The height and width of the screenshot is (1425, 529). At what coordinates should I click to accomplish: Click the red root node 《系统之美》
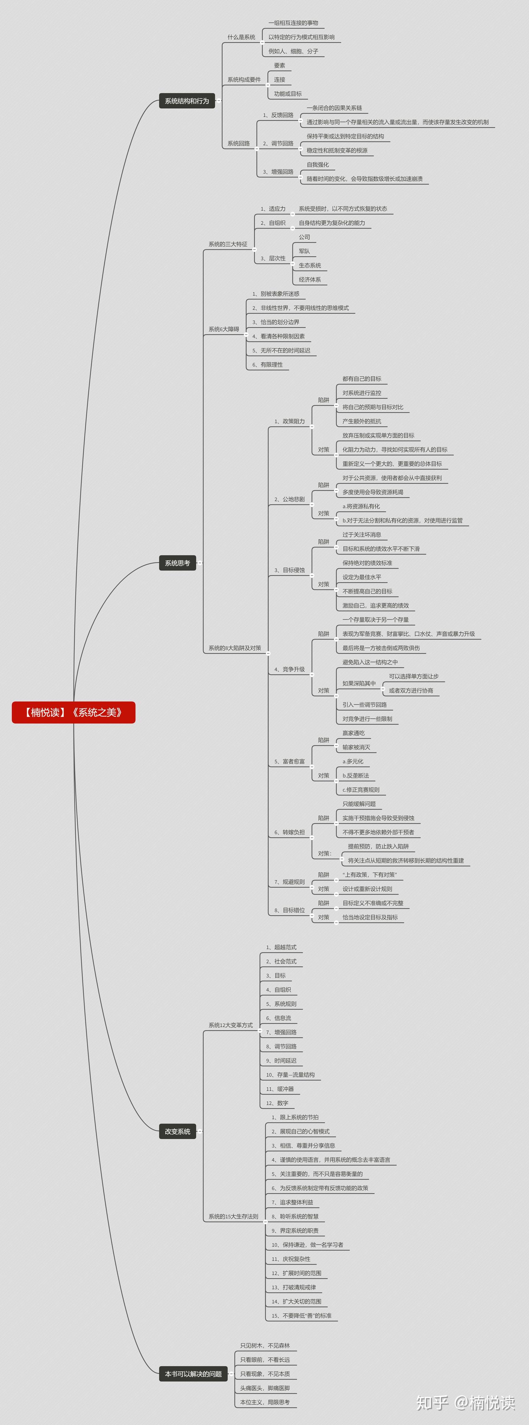(x=73, y=712)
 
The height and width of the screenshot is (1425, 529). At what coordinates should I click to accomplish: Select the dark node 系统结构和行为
(x=187, y=101)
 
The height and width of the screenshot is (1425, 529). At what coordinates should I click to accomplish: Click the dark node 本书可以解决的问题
(x=193, y=1374)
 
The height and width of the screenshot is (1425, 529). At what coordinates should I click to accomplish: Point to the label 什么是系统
(x=241, y=37)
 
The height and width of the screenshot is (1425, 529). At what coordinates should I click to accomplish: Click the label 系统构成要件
(x=244, y=80)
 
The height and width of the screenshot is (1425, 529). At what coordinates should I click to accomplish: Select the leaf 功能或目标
(x=288, y=94)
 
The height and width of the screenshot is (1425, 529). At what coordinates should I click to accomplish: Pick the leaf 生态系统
(x=310, y=265)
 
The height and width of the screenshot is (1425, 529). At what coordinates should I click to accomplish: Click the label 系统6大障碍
(x=224, y=329)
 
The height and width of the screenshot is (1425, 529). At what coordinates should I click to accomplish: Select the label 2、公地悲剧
(x=289, y=499)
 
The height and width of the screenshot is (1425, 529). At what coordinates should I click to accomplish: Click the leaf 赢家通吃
(x=354, y=733)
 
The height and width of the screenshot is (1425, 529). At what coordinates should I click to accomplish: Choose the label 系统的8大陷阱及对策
(x=235, y=648)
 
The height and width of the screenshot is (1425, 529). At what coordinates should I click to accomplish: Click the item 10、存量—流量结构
(x=291, y=1074)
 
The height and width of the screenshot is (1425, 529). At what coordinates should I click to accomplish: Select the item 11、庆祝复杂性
(x=291, y=1259)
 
